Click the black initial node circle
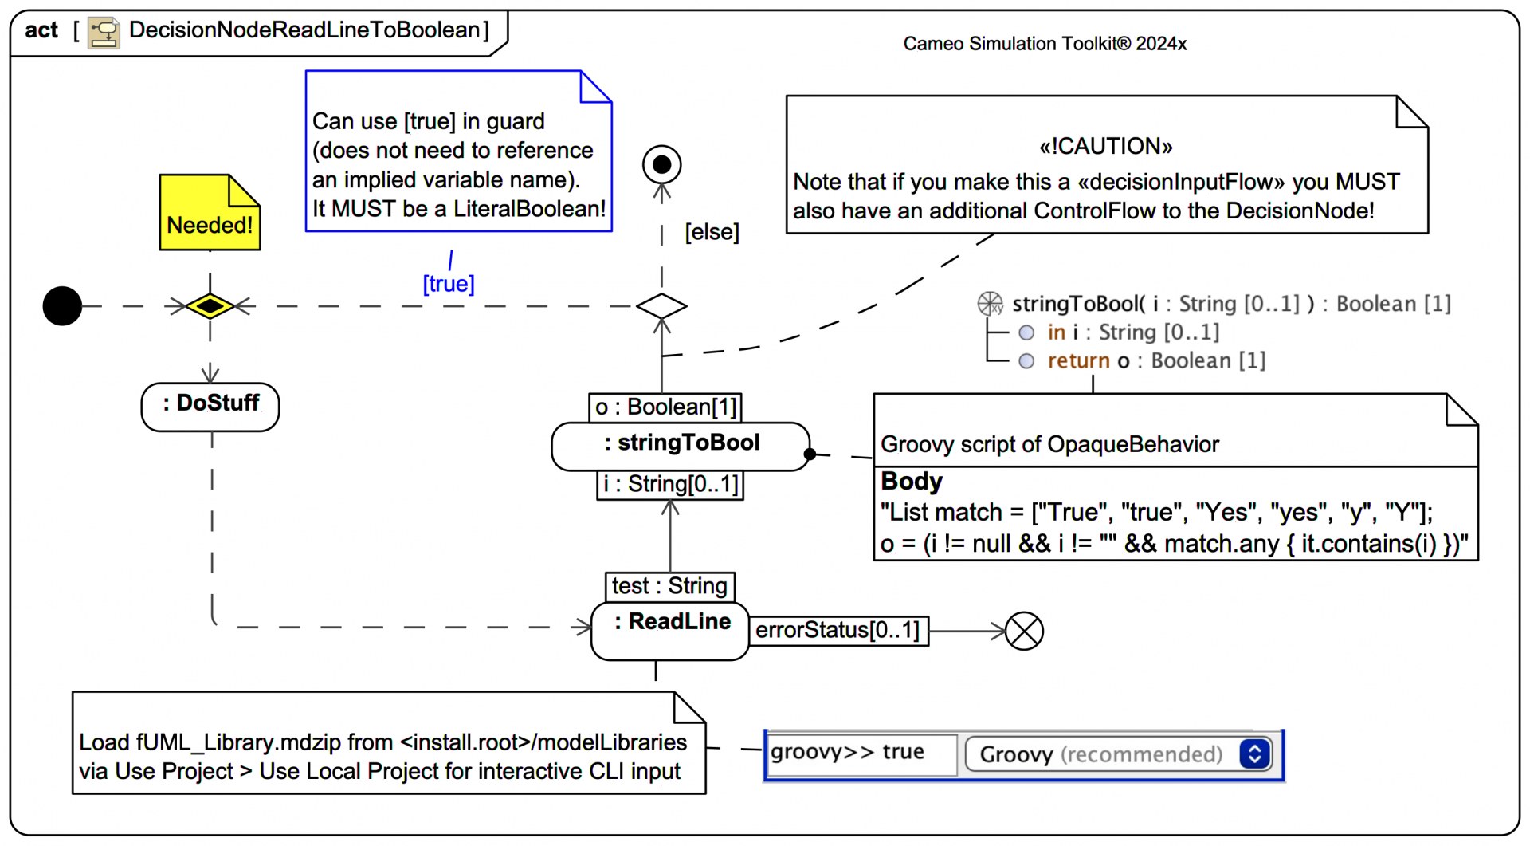click(x=62, y=306)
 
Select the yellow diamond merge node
click(x=210, y=306)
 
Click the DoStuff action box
click(x=210, y=406)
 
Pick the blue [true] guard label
click(x=449, y=284)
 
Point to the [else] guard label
click(x=712, y=232)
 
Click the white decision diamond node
click(x=661, y=306)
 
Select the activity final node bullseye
click(x=661, y=165)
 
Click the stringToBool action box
click(x=681, y=446)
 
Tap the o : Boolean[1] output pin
click(x=665, y=407)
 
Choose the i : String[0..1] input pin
click(x=670, y=484)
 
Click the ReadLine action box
click(x=670, y=630)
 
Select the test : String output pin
click(x=669, y=586)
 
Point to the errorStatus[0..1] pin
click(x=838, y=631)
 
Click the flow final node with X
click(x=1024, y=632)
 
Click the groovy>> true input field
click(x=861, y=753)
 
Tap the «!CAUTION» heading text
click(x=1106, y=146)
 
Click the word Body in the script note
click(x=912, y=482)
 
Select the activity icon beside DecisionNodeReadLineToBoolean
click(x=104, y=32)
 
